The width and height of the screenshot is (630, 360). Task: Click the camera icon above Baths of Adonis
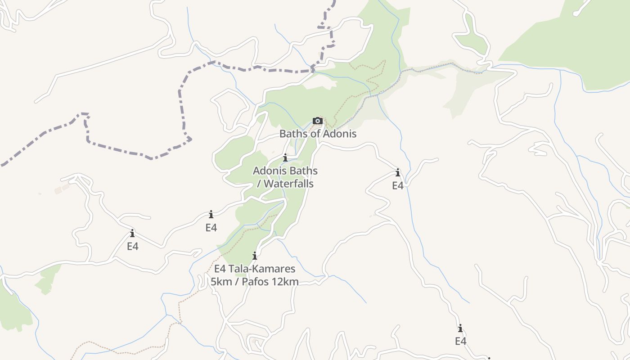318,121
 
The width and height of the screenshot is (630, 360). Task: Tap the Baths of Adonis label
318,134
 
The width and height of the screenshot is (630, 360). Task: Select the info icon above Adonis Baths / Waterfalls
285,157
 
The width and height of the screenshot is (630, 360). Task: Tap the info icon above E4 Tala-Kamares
255,256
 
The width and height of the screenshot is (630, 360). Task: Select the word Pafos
260,282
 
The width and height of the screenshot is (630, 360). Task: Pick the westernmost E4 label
132,246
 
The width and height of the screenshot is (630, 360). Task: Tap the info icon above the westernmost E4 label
132,233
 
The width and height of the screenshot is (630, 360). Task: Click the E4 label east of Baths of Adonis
398,185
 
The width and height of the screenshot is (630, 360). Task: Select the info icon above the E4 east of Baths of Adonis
398,172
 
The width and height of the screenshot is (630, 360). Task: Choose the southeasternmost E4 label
460,341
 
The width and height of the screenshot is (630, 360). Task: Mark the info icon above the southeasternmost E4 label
460,328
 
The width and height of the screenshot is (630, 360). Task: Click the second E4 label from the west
211,228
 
